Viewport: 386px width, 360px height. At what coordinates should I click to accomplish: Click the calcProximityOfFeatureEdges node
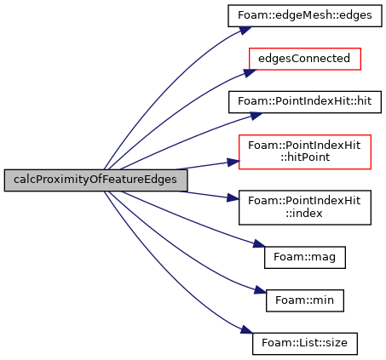pos(95,180)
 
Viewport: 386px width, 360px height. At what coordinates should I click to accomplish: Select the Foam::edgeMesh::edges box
pos(305,16)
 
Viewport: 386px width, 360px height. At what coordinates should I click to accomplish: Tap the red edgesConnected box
pos(305,59)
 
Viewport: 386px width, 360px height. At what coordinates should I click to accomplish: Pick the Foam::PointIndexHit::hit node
pos(305,102)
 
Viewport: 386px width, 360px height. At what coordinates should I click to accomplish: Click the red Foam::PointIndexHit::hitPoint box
pos(305,152)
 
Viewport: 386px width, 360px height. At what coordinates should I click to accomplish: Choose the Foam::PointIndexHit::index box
pos(305,208)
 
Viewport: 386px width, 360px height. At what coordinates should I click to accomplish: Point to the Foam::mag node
pos(305,257)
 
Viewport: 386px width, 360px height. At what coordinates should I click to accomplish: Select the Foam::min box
pos(305,300)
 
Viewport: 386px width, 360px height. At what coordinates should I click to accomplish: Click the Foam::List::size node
pos(305,344)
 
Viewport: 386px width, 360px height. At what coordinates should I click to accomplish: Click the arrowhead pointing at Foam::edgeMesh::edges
pos(245,31)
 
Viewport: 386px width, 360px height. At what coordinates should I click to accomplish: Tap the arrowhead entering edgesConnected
pos(250,72)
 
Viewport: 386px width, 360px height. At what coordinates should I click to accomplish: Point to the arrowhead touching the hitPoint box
pos(233,163)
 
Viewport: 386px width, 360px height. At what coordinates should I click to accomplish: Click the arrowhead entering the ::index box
pos(233,197)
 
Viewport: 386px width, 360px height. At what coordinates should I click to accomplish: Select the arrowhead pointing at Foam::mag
pos(259,243)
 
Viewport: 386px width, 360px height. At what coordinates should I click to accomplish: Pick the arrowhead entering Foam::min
pos(261,290)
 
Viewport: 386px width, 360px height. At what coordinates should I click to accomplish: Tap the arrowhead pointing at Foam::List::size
pos(246,330)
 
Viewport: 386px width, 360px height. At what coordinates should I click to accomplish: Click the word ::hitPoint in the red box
pos(305,157)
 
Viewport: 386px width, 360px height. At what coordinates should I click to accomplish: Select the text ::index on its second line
pos(304,213)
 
